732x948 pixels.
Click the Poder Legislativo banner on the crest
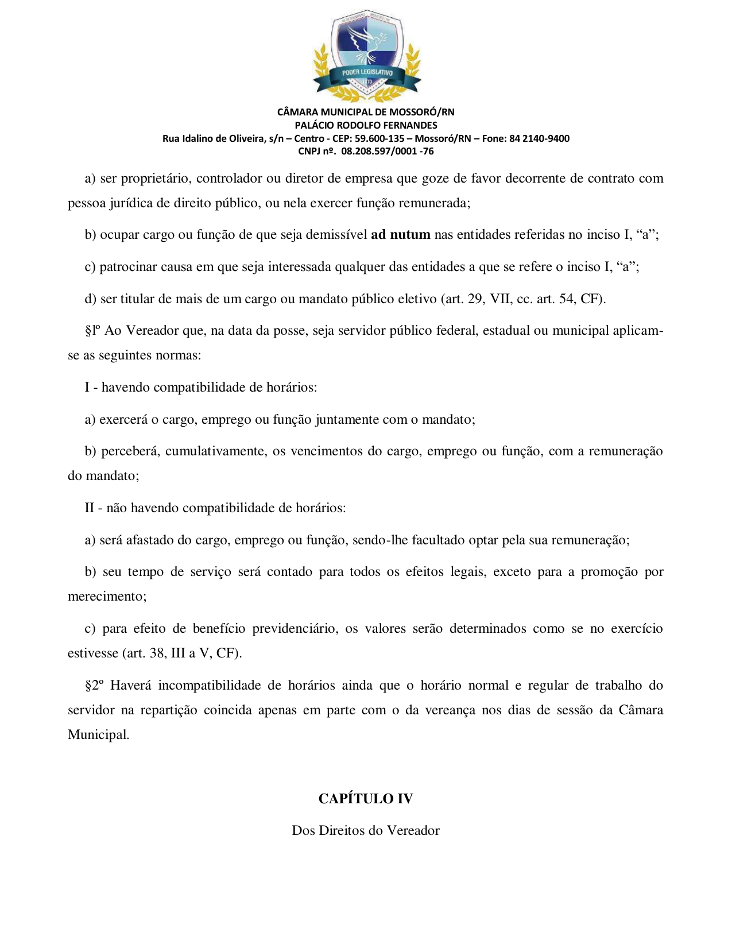(x=367, y=73)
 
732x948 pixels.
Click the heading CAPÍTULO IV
(x=366, y=799)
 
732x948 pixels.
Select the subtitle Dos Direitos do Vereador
(x=366, y=830)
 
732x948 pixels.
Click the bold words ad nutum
(x=401, y=234)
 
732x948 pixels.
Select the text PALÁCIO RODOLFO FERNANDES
(x=366, y=125)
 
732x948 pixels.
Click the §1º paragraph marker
(x=93, y=330)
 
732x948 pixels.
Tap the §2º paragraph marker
(x=94, y=685)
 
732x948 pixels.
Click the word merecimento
(x=106, y=596)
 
